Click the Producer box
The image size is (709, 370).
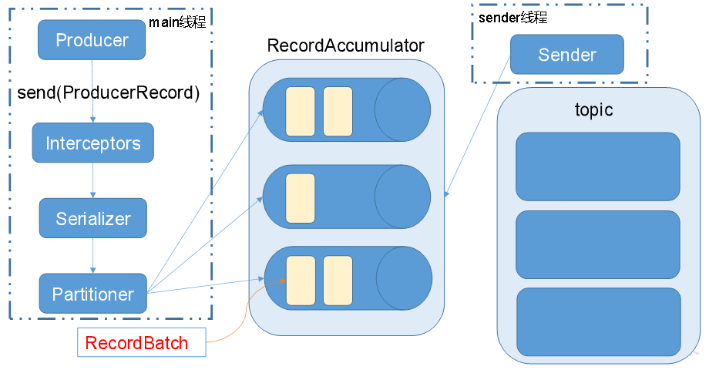click(x=92, y=40)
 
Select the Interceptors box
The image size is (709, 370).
click(x=93, y=143)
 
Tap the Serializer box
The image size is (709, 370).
click(x=93, y=218)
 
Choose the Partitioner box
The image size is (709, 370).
click(x=93, y=294)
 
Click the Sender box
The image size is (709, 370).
click(x=567, y=54)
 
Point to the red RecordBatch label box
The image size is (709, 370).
click(x=142, y=342)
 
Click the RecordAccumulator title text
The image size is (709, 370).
click(x=345, y=45)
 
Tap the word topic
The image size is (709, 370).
click(x=593, y=110)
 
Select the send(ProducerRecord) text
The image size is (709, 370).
click(x=109, y=92)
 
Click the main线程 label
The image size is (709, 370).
click(x=178, y=22)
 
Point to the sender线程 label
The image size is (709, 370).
click(x=512, y=18)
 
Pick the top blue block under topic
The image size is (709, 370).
click(x=598, y=166)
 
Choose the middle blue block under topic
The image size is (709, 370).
click(x=598, y=244)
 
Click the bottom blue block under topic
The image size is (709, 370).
click(x=599, y=322)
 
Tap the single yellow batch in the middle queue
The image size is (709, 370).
click(x=301, y=198)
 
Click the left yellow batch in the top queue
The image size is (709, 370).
click(x=301, y=111)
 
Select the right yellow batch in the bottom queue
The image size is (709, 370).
click(x=338, y=281)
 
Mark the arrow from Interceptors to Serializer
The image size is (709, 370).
click(x=92, y=180)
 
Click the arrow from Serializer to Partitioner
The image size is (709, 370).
click(x=92, y=256)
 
